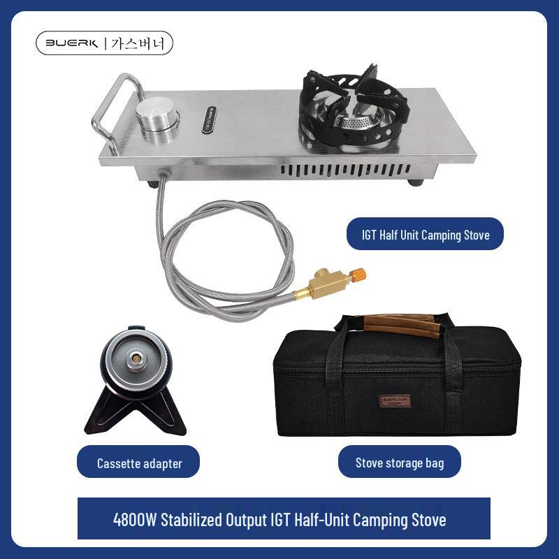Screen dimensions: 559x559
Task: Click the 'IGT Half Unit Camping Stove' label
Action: tap(425, 235)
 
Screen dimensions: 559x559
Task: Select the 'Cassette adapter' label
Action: tap(138, 463)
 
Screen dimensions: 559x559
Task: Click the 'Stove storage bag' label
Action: tap(399, 463)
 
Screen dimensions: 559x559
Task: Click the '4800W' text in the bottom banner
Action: tap(136, 520)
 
